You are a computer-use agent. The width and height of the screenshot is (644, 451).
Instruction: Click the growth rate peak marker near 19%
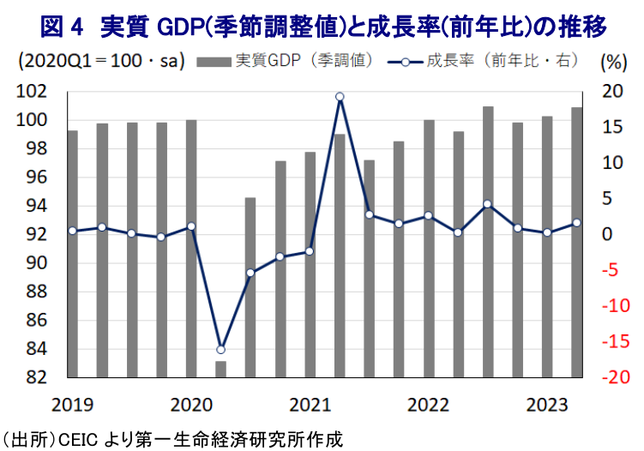tap(340, 97)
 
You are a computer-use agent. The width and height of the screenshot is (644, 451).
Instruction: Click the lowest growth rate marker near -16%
tap(220, 349)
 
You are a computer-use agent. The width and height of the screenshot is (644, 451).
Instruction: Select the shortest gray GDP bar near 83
tap(220, 369)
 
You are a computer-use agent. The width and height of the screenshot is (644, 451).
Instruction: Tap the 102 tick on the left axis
tap(32, 91)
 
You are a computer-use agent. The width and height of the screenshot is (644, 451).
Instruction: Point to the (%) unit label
tap(613, 62)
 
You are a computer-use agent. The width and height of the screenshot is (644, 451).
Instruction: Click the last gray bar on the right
tap(577, 242)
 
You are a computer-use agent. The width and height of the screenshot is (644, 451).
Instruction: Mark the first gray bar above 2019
tap(72, 254)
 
